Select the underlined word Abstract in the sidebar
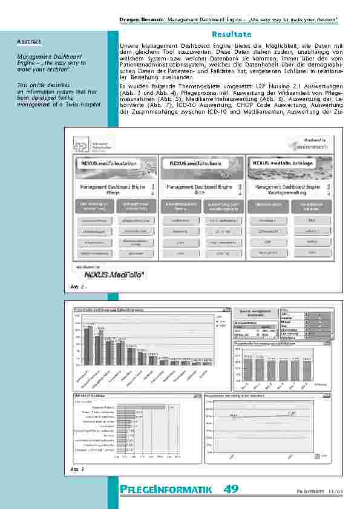[29, 41]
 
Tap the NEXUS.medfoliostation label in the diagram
[110, 163]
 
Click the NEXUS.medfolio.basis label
[195, 163]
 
